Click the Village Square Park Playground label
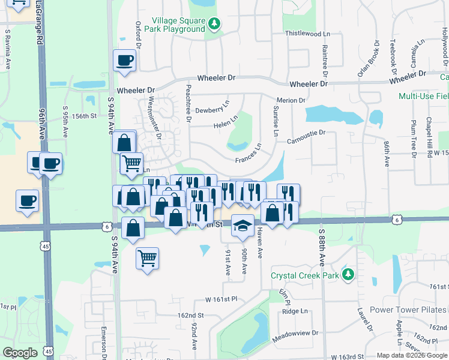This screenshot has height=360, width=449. (178, 25)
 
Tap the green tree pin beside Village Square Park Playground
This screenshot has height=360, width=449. (214, 25)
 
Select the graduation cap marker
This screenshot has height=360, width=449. (243, 226)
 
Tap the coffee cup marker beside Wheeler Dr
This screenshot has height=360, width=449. (124, 61)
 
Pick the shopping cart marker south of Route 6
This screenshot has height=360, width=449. (147, 259)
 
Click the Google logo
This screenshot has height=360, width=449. (20, 353)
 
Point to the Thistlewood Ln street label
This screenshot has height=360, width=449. (307, 34)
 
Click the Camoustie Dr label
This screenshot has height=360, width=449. (306, 133)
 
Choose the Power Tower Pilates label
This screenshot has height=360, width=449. (408, 310)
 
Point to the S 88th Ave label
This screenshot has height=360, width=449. (322, 247)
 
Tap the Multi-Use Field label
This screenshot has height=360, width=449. (424, 96)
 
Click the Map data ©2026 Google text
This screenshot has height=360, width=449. (411, 355)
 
